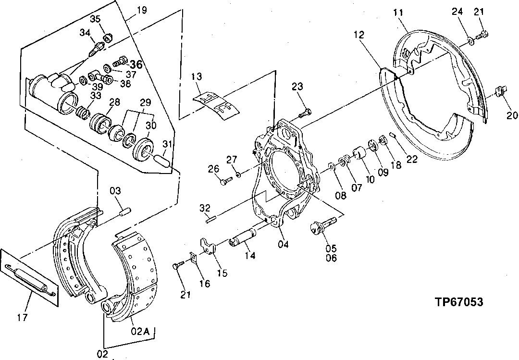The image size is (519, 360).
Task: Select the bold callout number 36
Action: (136, 64)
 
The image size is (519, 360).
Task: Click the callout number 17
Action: (23, 317)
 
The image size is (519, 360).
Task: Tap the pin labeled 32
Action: (209, 220)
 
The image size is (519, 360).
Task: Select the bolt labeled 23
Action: (304, 113)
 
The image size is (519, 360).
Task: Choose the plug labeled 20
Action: (500, 91)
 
